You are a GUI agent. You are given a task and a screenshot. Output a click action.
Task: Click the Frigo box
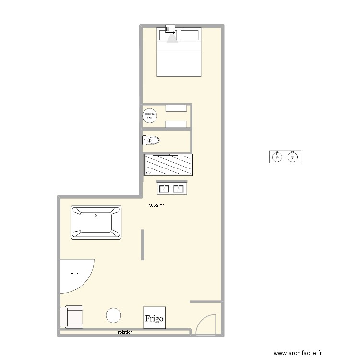pos(155,318)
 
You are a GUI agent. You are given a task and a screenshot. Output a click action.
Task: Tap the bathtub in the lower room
pos(96,222)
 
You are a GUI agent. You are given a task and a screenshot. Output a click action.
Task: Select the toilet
pos(151,140)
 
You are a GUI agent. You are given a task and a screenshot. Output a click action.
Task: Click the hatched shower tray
pos(168,164)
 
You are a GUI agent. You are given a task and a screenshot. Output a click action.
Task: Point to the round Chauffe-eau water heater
pos(149,115)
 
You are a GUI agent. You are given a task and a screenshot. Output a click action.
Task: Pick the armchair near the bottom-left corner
pos(72,317)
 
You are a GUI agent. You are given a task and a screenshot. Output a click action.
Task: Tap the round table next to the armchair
pos(114,315)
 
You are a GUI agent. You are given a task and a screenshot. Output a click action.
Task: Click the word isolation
pos(124,332)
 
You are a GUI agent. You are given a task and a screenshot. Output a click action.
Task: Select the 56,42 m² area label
pos(156,205)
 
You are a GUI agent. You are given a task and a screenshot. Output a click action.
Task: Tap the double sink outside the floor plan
pos(285,157)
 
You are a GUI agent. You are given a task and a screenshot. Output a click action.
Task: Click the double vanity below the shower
pos(172,188)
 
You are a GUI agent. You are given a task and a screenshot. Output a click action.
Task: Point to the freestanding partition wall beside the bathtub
pos(143,245)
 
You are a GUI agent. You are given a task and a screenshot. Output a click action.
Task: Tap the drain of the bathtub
pos(96,216)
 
